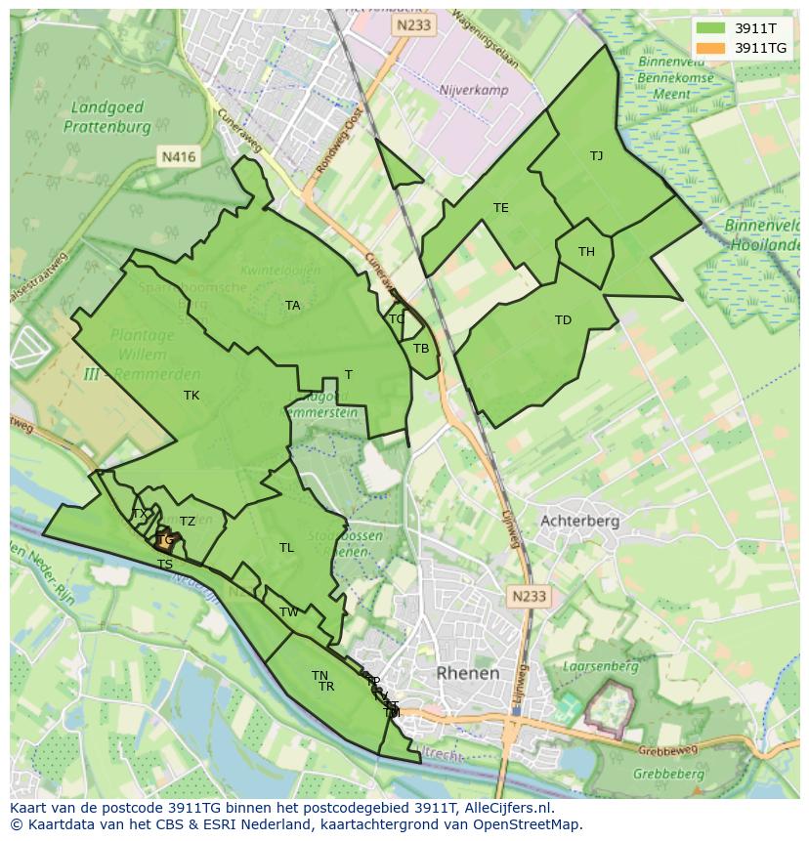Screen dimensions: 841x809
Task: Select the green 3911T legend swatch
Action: pyautogui.click(x=711, y=28)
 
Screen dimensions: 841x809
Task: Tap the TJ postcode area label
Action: pyautogui.click(x=596, y=156)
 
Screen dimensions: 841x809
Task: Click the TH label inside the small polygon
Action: pyautogui.click(x=586, y=252)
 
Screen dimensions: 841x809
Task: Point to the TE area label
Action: pyautogui.click(x=501, y=208)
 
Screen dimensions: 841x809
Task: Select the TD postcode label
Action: pyautogui.click(x=563, y=320)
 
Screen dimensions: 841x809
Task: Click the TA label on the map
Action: pyautogui.click(x=292, y=306)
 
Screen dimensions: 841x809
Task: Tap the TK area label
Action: pyautogui.click(x=192, y=396)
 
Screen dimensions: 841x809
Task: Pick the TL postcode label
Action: pyautogui.click(x=286, y=548)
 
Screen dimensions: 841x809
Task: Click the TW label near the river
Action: pyautogui.click(x=289, y=612)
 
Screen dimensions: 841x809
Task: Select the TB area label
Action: pyautogui.click(x=421, y=349)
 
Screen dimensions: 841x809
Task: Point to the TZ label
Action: pyautogui.click(x=188, y=522)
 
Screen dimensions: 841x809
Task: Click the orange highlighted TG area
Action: pyautogui.click(x=165, y=539)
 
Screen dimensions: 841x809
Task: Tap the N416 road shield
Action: pyautogui.click(x=178, y=155)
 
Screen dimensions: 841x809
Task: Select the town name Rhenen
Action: pyautogui.click(x=467, y=673)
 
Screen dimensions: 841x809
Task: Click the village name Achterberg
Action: pyautogui.click(x=579, y=521)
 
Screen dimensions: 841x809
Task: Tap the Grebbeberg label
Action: pyautogui.click(x=668, y=774)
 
